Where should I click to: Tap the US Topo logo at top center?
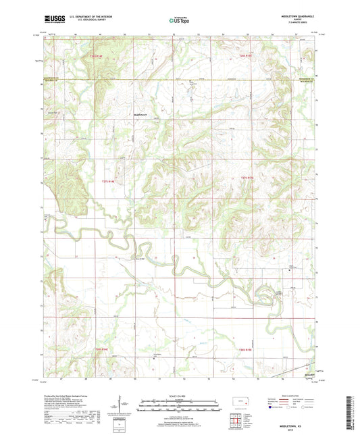[x=179, y=21]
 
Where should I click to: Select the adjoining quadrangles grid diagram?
[x=234, y=419]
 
